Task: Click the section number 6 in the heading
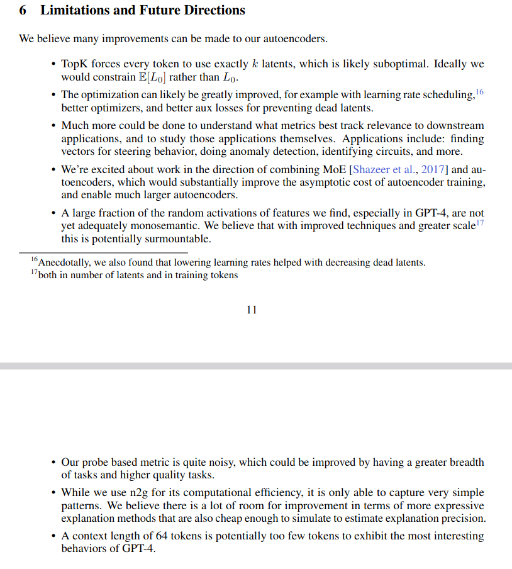tap(23, 11)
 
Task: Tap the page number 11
tap(252, 310)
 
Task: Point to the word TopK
tap(75, 65)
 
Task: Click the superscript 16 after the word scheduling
tap(480, 93)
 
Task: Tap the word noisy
tap(221, 463)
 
